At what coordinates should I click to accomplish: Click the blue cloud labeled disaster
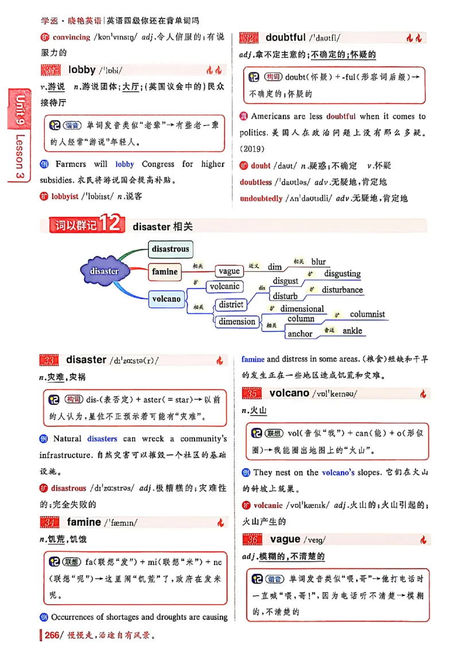tap(104, 271)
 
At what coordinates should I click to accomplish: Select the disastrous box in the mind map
tap(170, 249)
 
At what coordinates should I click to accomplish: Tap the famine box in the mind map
tap(165, 272)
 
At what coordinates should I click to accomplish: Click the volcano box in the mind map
tap(166, 299)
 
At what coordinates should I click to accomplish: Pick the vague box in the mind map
tap(229, 271)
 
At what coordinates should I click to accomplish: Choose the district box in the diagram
tap(231, 304)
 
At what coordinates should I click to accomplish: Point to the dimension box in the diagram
tap(237, 322)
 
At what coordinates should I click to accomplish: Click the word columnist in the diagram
tap(367, 314)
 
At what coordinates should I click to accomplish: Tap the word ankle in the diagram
tap(352, 331)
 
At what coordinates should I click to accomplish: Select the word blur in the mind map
tap(318, 261)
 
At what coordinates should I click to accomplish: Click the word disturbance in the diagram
tap(342, 290)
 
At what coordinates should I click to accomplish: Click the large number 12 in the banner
tap(111, 224)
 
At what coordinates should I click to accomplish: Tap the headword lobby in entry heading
tap(81, 70)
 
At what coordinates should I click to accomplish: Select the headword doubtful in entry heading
tap(285, 37)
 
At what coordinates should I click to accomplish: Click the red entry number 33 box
tap(50, 360)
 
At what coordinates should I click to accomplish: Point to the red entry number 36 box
tap(253, 539)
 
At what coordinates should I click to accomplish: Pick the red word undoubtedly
tap(261, 198)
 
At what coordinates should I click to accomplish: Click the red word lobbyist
tap(65, 196)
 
